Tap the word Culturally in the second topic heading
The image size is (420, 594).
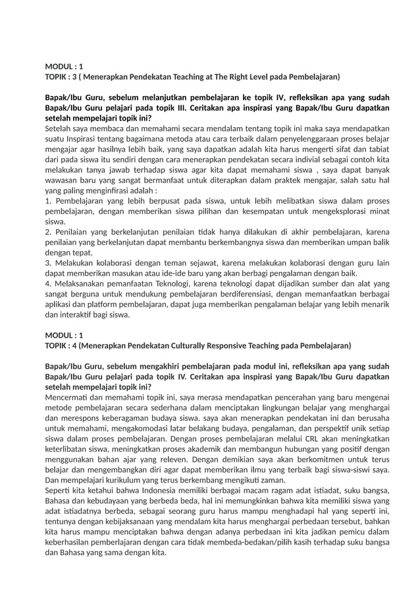point(214,346)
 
